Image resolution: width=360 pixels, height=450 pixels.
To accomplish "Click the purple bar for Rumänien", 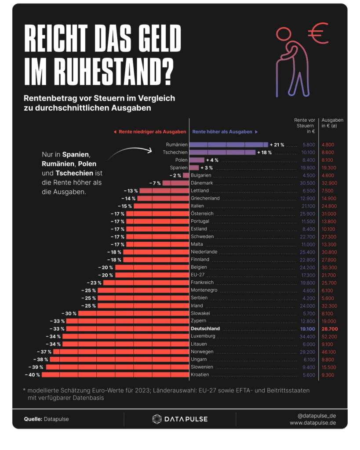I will pos(229,145).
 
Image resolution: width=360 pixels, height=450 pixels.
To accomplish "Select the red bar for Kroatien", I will pos(116,375).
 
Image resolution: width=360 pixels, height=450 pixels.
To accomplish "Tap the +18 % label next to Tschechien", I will pos(265,152).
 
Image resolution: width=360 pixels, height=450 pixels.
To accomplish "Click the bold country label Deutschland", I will pos(205,329).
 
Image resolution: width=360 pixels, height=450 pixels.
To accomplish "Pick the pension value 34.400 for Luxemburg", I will pos(306,336).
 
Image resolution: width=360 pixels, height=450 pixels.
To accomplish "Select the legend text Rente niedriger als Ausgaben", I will pos(149,132).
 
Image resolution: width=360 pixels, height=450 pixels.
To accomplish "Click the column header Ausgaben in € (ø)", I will pos(332,123).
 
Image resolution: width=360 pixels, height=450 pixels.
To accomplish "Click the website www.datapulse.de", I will pos(313,423).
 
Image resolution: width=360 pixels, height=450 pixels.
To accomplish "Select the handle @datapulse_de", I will pos(316,415).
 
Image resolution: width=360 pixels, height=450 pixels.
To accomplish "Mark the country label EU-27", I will pos(197,275).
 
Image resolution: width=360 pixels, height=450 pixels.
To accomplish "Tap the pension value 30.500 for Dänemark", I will pos(306,183).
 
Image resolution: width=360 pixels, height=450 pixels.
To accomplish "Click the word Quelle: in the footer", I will pos(33,419).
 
